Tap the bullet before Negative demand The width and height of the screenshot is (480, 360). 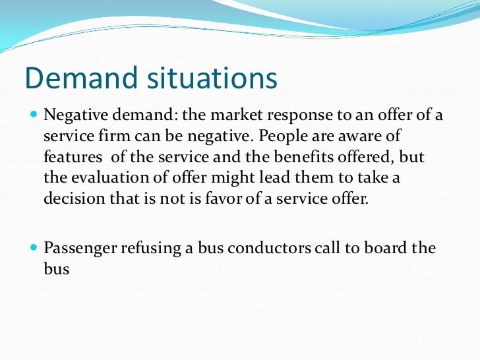tap(34, 116)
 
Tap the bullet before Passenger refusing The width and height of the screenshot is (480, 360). tap(34, 248)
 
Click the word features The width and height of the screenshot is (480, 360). tap(71, 158)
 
